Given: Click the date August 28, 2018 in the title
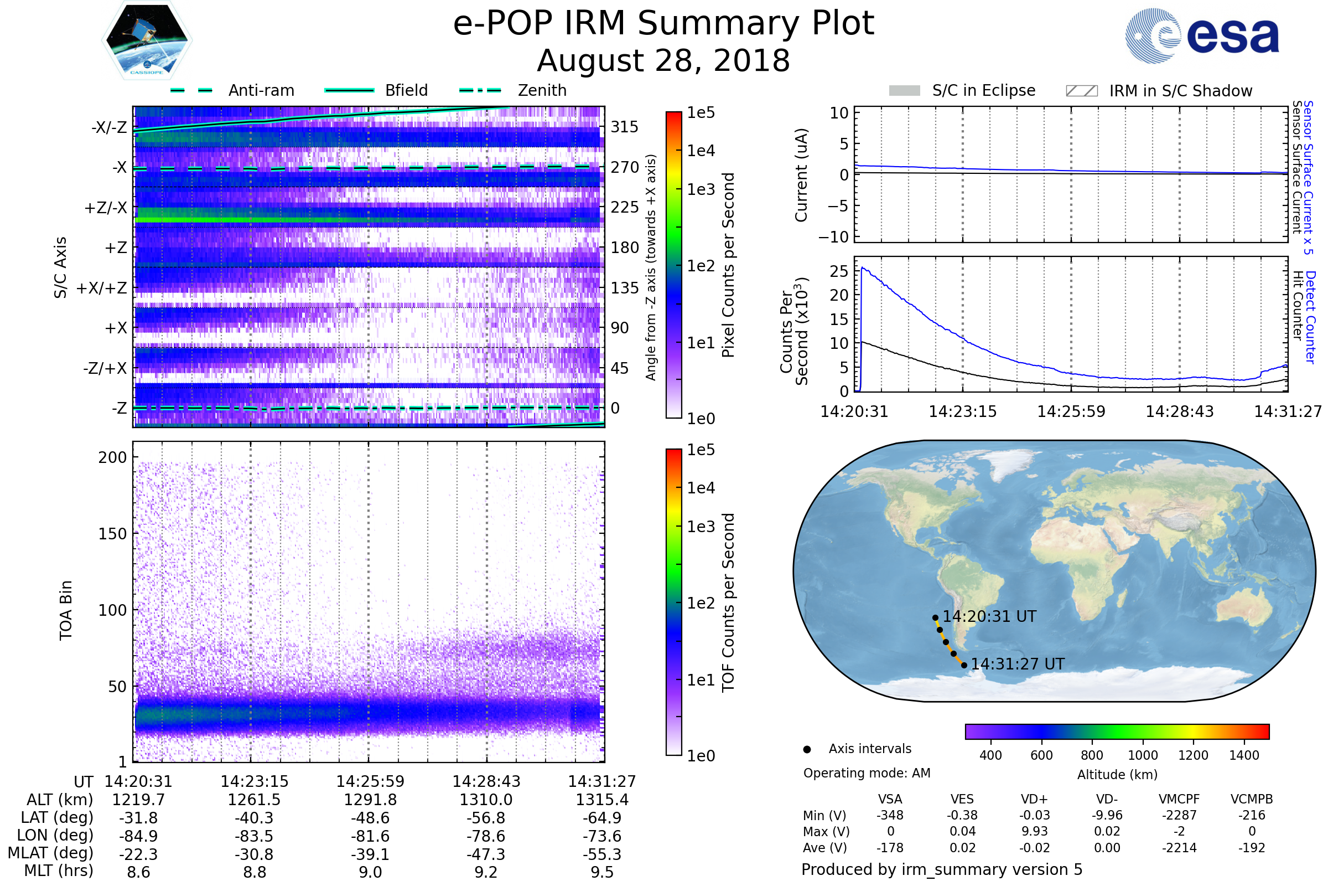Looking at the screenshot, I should [x=663, y=61].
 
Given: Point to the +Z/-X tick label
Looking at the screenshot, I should [x=106, y=208].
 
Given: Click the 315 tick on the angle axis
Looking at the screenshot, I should [x=624, y=127].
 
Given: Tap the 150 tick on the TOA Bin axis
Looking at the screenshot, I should [x=112, y=534].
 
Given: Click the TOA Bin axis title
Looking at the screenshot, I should [x=65, y=610].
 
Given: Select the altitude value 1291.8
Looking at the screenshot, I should [x=370, y=800].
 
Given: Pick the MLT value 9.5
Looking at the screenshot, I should [x=602, y=872].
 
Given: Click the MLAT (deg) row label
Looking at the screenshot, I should [x=51, y=853].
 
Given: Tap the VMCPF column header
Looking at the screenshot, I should [x=1179, y=800].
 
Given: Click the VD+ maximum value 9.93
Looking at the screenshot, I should [x=1034, y=831].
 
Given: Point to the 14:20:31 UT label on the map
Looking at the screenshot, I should [x=989, y=616].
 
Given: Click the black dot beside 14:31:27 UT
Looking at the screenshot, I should [x=964, y=665].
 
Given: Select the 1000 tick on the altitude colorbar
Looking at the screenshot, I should [x=1143, y=755].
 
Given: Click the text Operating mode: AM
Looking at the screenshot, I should [x=867, y=773].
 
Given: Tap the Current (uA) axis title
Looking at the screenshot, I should [x=801, y=175].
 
